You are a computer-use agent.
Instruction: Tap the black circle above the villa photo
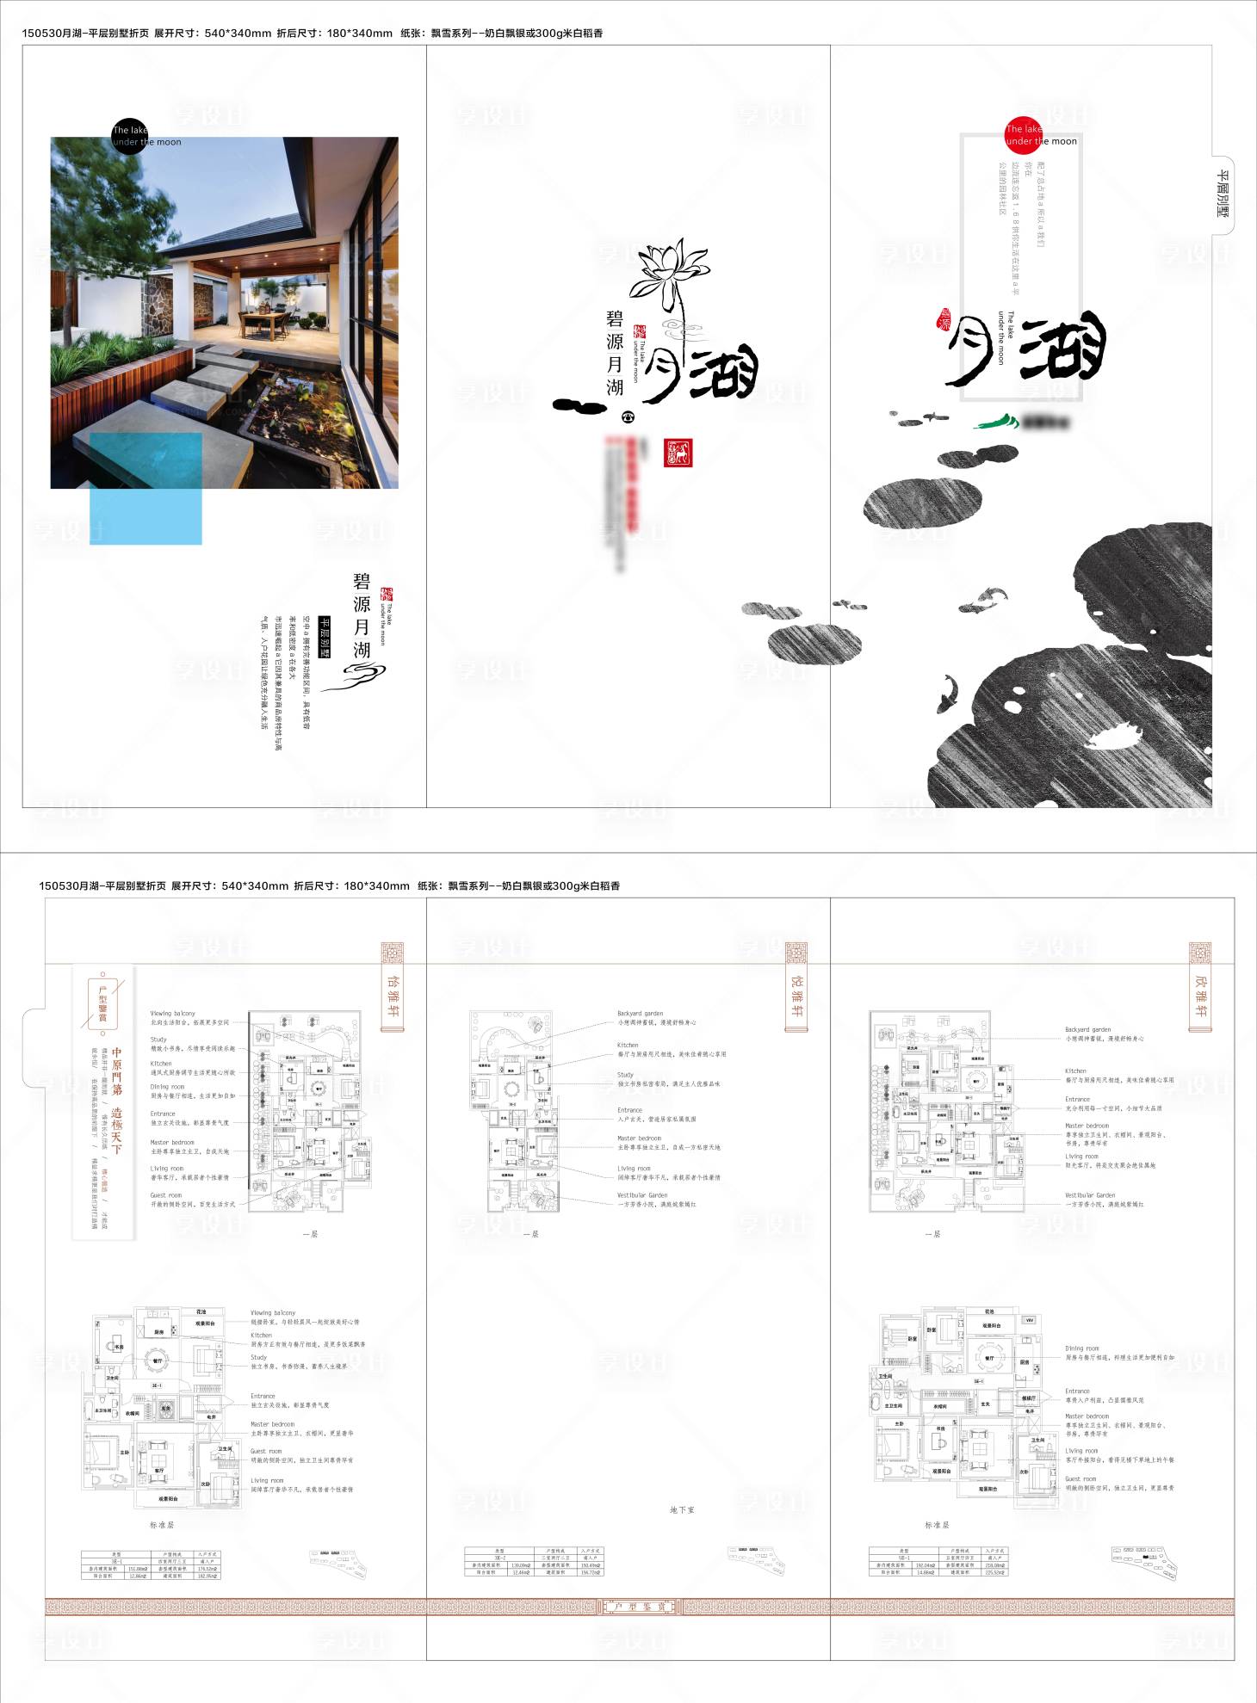pyautogui.click(x=130, y=135)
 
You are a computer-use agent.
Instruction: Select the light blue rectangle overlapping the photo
pyautogui.click(x=146, y=488)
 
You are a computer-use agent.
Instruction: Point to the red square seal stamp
pyautogui.click(x=678, y=452)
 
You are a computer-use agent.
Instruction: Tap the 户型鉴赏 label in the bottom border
pyautogui.click(x=638, y=1607)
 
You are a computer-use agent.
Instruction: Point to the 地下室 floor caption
pyautogui.click(x=682, y=1509)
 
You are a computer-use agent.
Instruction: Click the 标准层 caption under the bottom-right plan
pyautogui.click(x=937, y=1525)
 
